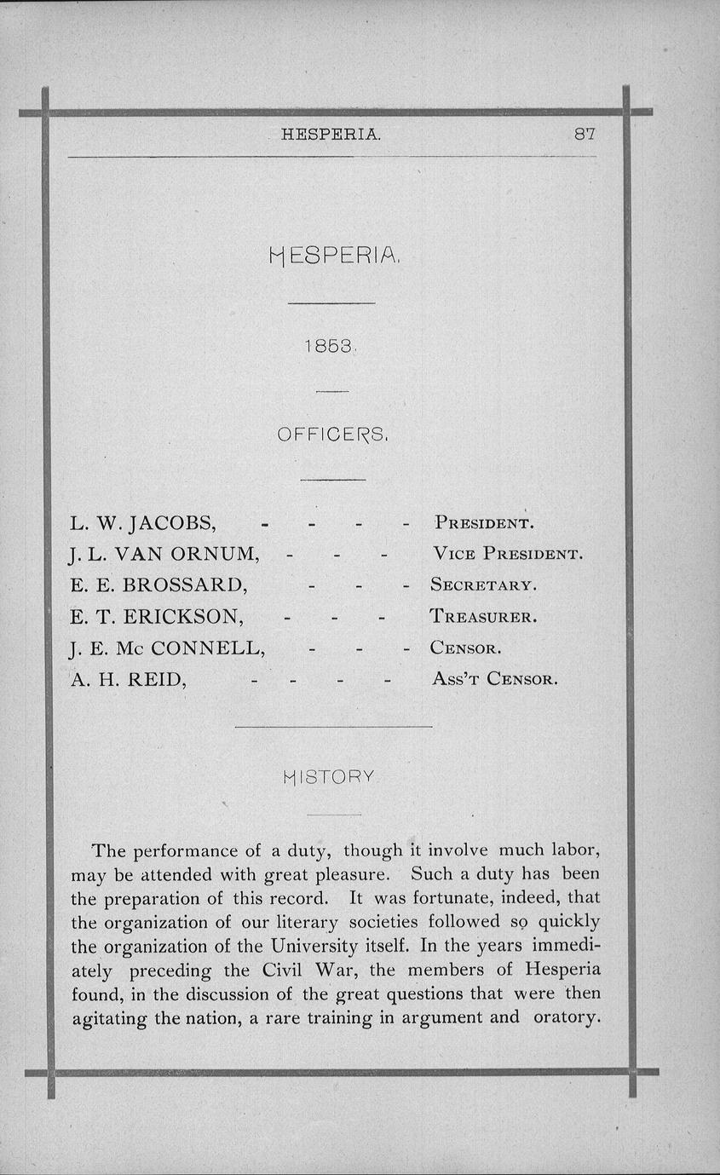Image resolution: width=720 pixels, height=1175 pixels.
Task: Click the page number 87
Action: click(584, 134)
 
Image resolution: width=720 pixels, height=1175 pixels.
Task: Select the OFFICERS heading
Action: click(333, 435)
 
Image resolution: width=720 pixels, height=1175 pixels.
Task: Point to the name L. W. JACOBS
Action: click(142, 521)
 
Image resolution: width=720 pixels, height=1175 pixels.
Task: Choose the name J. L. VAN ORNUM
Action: click(164, 553)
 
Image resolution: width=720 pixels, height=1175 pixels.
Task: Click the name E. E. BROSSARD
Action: click(158, 585)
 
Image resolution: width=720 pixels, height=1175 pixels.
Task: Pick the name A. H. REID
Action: click(129, 679)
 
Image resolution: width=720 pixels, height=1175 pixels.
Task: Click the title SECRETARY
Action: click(483, 585)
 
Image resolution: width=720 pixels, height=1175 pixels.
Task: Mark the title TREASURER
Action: click(483, 616)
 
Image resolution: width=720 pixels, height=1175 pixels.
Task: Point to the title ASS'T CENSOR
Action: click(494, 680)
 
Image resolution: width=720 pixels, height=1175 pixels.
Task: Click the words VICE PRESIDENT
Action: click(508, 554)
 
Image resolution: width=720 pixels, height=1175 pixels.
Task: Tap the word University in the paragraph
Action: click(312, 947)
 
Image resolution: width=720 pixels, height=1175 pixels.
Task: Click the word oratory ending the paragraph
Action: click(563, 1017)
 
